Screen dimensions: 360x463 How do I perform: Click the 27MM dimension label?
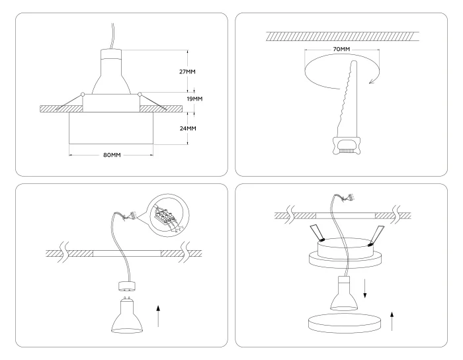tap(188, 71)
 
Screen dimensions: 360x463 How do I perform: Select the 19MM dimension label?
tap(194, 99)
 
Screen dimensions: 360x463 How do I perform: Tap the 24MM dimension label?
tap(188, 128)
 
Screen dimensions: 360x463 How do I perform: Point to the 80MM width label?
tap(112, 155)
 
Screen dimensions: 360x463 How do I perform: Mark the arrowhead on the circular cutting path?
tap(372, 80)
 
